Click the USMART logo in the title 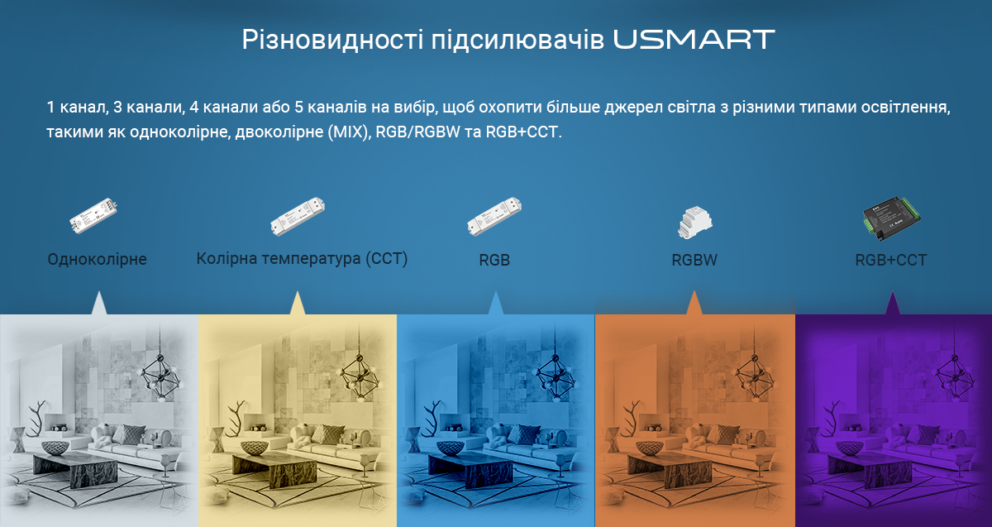pos(694,40)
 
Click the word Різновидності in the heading pos(332,40)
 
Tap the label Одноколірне pos(97,259)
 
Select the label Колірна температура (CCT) pos(302,258)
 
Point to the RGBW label pos(694,260)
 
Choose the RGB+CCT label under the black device pos(891,260)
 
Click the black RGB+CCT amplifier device pos(891,218)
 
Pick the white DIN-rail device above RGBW pos(695,223)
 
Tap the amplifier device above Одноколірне pos(93,215)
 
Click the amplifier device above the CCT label pos(298,216)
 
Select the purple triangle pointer pos(892,303)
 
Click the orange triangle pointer pos(694,303)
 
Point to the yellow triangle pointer pos(297,303)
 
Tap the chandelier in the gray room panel pos(160,376)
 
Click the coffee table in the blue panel pos(470,471)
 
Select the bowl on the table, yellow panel pos(255,448)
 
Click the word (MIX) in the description pos(350,132)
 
